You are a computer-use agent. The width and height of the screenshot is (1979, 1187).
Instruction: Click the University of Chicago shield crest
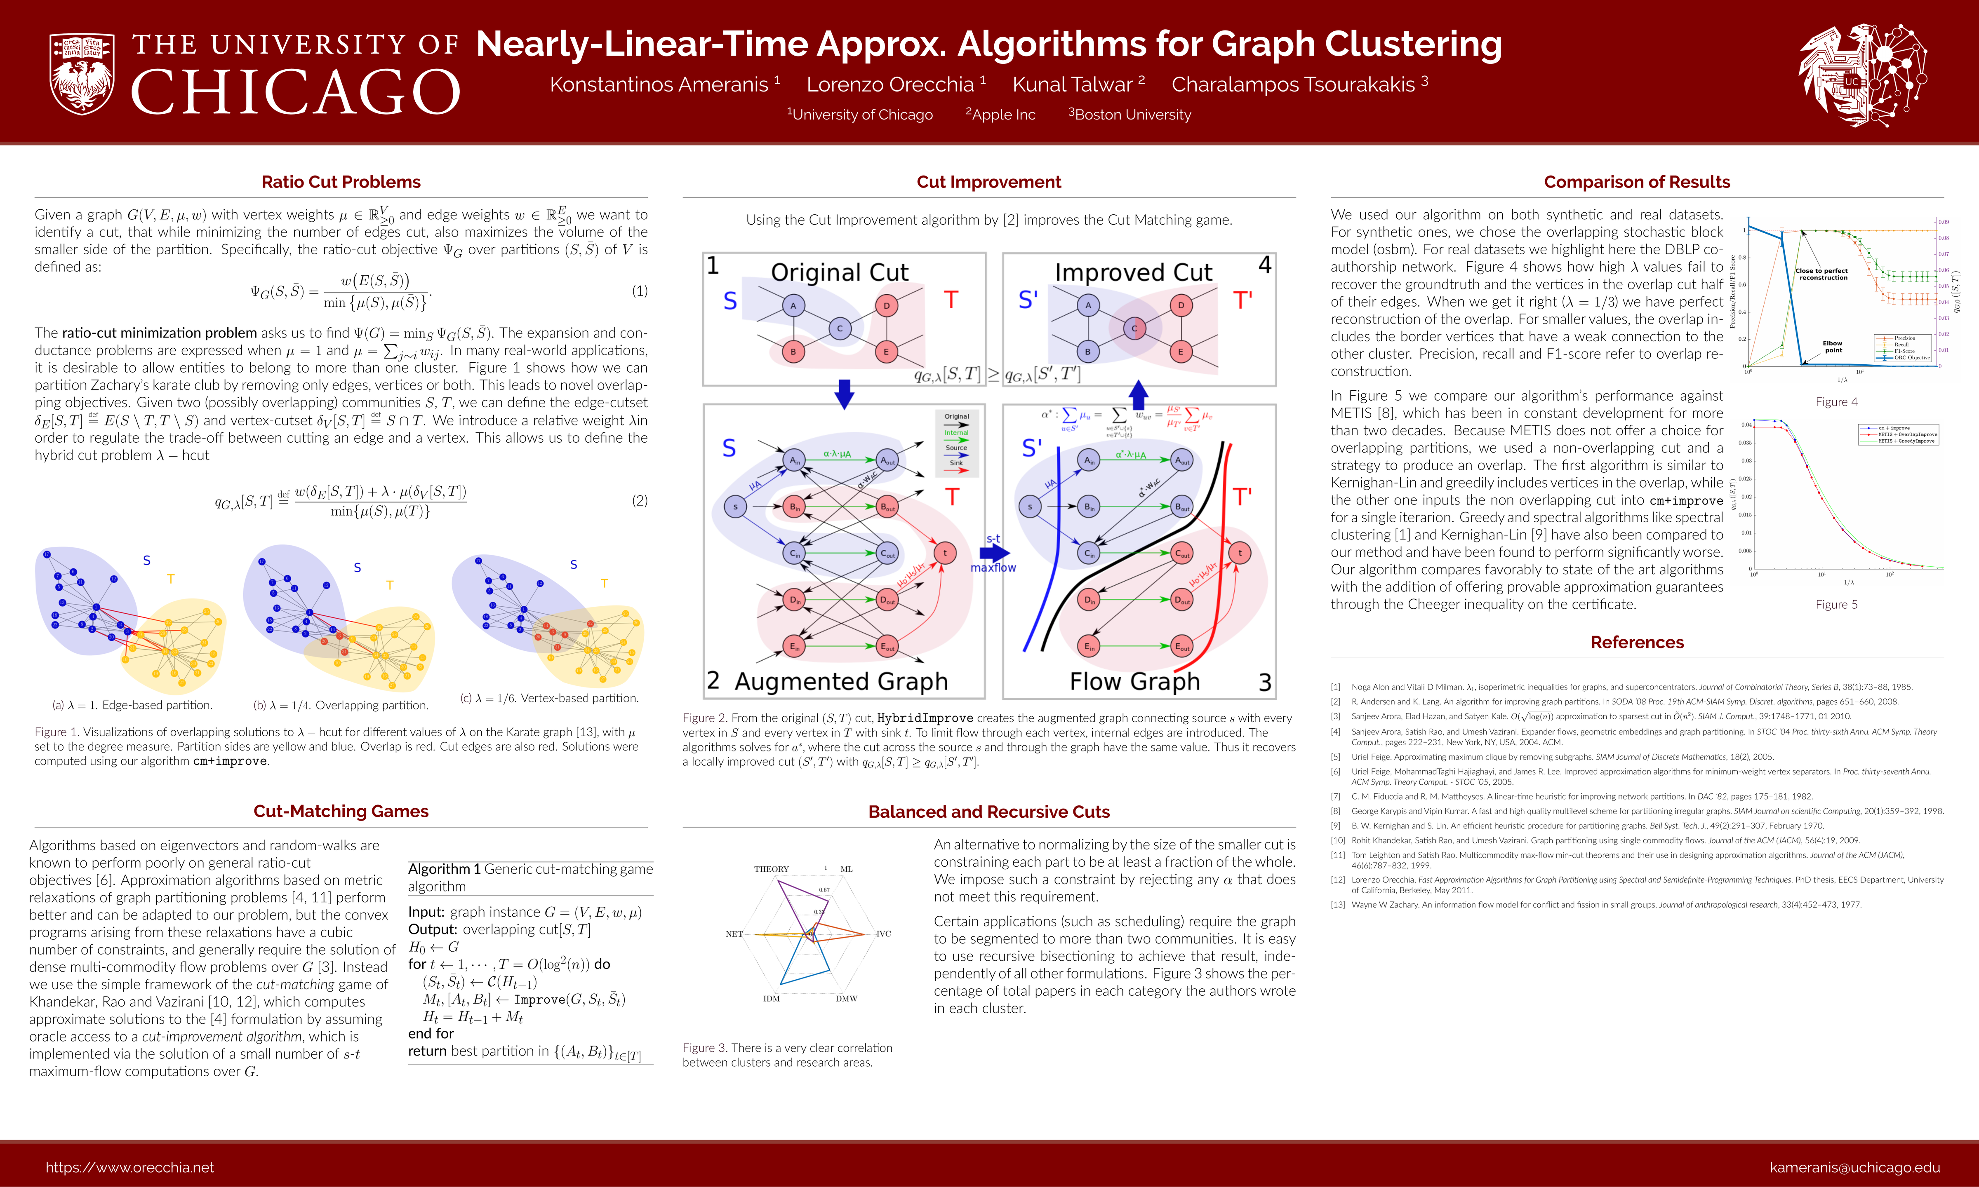coord(82,74)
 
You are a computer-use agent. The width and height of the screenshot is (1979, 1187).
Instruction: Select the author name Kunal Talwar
coord(1072,85)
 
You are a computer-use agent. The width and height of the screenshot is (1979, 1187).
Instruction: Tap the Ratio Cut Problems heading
coord(341,182)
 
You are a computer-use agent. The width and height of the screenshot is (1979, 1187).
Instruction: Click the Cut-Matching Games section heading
coord(341,811)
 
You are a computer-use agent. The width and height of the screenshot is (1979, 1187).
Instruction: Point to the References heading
coord(1636,642)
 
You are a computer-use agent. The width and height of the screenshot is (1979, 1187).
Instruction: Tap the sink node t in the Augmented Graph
coord(945,553)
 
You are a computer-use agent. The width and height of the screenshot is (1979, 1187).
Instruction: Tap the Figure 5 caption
coord(1837,605)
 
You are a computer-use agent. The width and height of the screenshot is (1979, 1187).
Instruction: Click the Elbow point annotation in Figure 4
coord(1833,346)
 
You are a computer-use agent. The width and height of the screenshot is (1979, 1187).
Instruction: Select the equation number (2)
coord(640,501)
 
